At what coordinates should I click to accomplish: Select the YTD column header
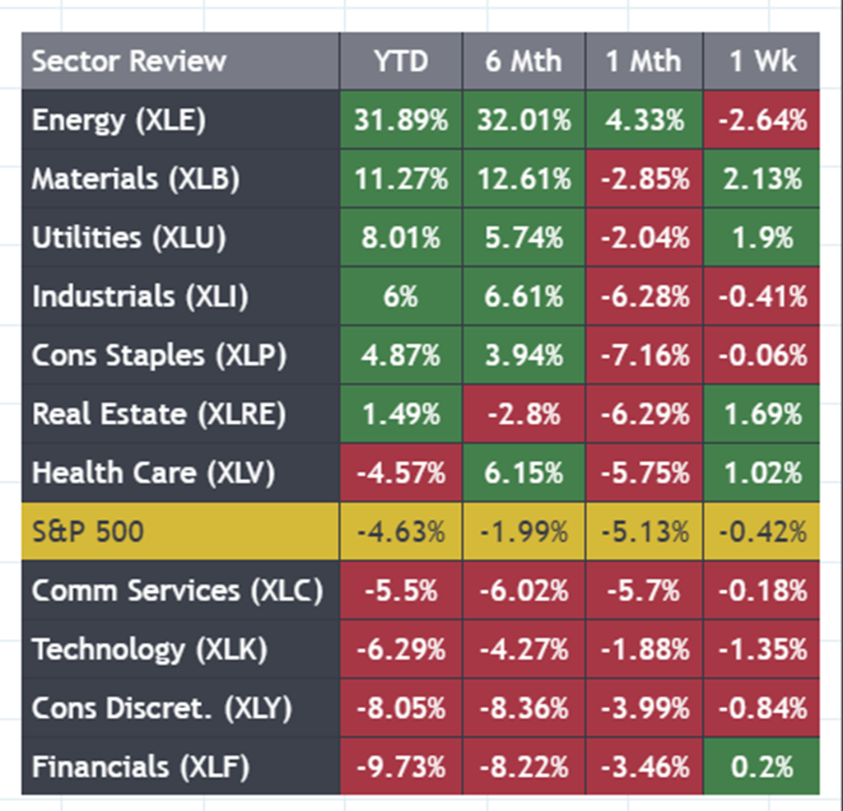coord(401,61)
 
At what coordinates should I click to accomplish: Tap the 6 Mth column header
coord(524,61)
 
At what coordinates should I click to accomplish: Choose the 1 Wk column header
coord(761,61)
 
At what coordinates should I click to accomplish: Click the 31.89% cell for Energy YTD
coord(401,120)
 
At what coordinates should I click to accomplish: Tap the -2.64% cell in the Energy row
coord(761,120)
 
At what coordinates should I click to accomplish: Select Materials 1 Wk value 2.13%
coord(761,179)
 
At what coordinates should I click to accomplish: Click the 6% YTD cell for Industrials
coord(401,296)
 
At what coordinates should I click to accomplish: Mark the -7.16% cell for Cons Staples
coord(645,355)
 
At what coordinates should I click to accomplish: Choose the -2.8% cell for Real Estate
coord(524,413)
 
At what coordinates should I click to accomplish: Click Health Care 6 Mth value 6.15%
coord(524,473)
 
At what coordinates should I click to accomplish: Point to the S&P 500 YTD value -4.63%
coord(401,531)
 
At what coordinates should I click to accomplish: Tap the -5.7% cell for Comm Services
coord(645,590)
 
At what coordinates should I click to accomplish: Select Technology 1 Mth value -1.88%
coord(645,649)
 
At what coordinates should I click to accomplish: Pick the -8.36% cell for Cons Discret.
coord(524,708)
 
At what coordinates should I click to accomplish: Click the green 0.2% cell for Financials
coord(761,767)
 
